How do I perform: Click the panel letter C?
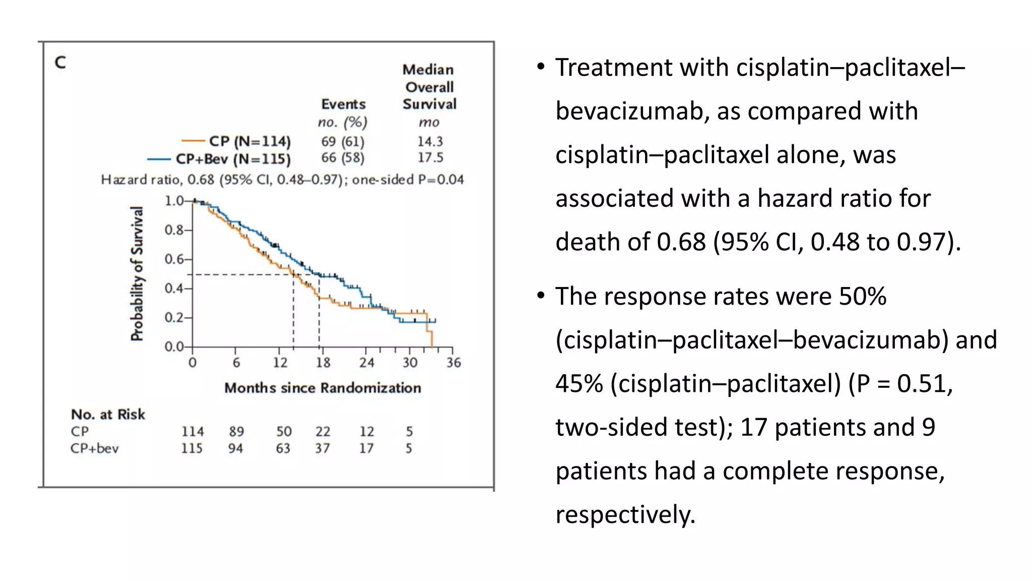point(60,63)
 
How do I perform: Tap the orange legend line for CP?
point(192,141)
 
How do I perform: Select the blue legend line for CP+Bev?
point(159,159)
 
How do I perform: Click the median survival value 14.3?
point(430,141)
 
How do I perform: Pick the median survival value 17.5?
point(430,157)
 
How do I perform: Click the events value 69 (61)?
point(343,141)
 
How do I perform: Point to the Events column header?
point(343,104)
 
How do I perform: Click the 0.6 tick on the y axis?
point(174,259)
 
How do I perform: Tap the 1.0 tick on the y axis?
point(174,201)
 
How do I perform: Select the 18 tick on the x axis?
point(323,362)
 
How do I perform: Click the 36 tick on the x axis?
point(453,362)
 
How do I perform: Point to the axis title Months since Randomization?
point(322,388)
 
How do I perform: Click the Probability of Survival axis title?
point(137,273)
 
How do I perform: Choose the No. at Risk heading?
point(108,415)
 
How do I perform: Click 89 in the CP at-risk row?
point(236,432)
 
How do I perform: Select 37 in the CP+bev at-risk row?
point(322,448)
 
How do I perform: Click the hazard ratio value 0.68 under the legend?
point(201,180)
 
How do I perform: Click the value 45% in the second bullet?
point(579,384)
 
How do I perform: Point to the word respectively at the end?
point(625,515)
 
